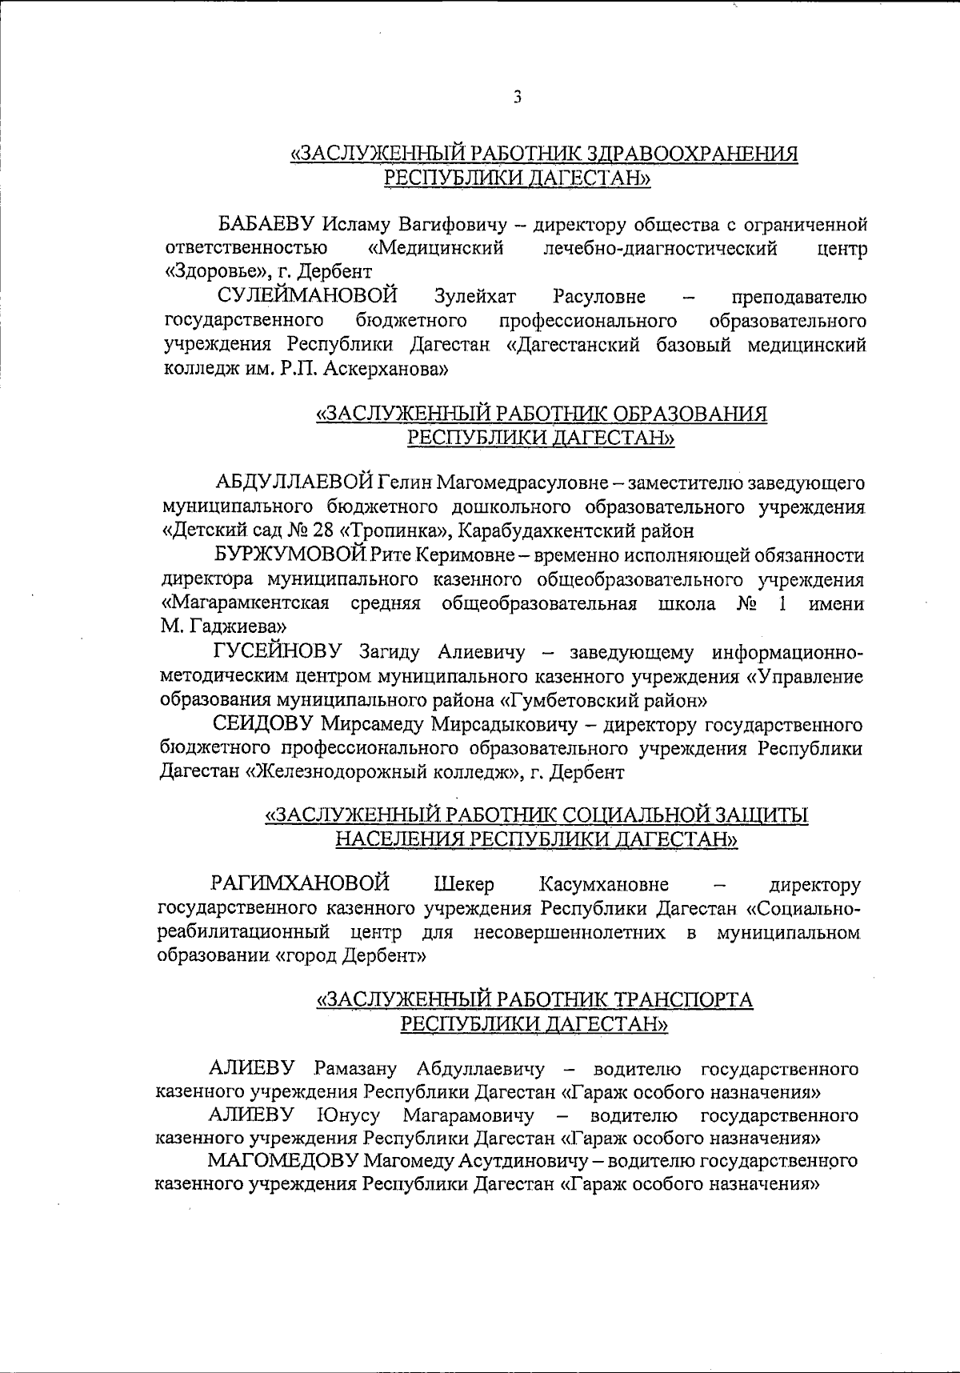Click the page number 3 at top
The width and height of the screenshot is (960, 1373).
click(518, 98)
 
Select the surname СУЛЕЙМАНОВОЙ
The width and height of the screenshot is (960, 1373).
click(309, 297)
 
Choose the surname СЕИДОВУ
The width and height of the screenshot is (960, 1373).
click(264, 725)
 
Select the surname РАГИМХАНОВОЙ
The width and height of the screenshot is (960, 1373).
click(299, 885)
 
